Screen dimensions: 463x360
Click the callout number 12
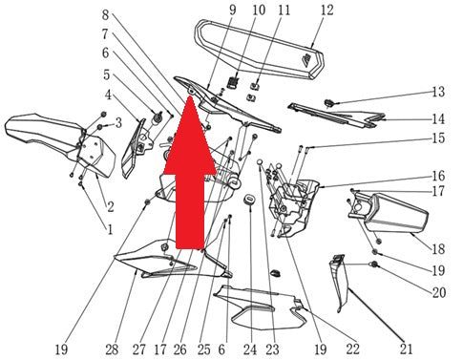[326, 11]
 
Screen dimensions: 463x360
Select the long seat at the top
[260, 49]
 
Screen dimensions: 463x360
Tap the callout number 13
[438, 92]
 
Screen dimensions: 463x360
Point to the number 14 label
[438, 119]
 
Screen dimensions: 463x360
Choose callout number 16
[438, 176]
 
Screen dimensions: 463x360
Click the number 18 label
[438, 248]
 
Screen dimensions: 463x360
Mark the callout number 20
[438, 292]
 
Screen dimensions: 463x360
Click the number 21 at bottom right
[406, 349]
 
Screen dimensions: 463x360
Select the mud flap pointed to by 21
[339, 284]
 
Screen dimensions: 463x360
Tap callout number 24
[250, 349]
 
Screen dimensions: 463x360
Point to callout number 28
[112, 349]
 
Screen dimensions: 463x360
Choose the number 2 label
[111, 207]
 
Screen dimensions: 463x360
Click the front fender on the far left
[60, 145]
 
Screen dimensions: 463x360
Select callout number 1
[110, 229]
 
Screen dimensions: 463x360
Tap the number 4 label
[109, 95]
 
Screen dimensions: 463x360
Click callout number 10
[259, 11]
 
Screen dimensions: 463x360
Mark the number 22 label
[352, 349]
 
